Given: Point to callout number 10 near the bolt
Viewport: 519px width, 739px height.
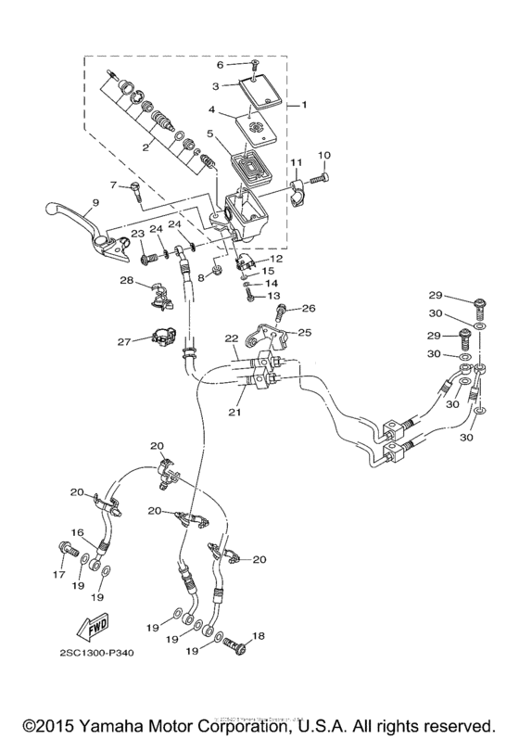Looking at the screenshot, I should tap(324, 155).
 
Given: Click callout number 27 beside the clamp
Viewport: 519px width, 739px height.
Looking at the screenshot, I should tap(125, 340).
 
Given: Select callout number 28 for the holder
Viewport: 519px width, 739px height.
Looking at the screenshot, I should tap(126, 281).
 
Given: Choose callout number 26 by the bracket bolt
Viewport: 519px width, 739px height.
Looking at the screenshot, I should tap(309, 309).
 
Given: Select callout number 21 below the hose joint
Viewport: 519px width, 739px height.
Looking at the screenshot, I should tap(236, 405).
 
